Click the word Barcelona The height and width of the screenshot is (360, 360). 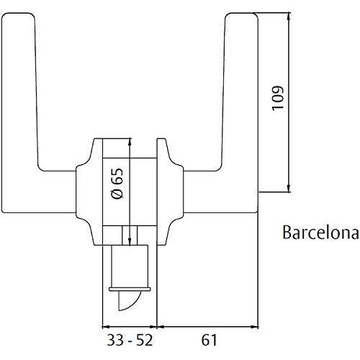point(320,233)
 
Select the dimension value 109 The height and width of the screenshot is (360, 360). point(279,99)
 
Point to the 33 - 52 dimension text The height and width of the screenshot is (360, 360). point(130,337)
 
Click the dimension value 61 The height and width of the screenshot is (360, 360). point(206,337)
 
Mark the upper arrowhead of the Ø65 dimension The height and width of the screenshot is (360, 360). point(127,141)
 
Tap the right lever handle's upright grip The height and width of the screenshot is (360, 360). point(241,94)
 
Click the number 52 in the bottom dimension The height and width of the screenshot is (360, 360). point(147,337)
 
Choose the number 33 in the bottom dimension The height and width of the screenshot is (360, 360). point(113,337)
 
